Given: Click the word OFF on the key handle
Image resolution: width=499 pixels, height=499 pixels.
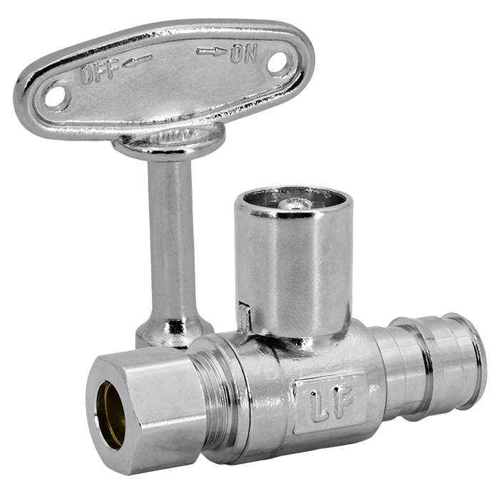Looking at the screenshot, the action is tap(100, 71).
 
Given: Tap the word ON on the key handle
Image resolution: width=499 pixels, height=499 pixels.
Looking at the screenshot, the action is tap(244, 53).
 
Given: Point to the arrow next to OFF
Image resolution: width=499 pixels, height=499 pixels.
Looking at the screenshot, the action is tap(138, 61).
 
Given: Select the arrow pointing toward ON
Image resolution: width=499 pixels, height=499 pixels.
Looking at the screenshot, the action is tap(212, 51).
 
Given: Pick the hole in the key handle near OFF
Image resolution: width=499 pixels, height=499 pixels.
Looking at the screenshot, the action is tap(56, 95).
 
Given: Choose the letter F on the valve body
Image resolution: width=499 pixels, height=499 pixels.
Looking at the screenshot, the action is tap(344, 400).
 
